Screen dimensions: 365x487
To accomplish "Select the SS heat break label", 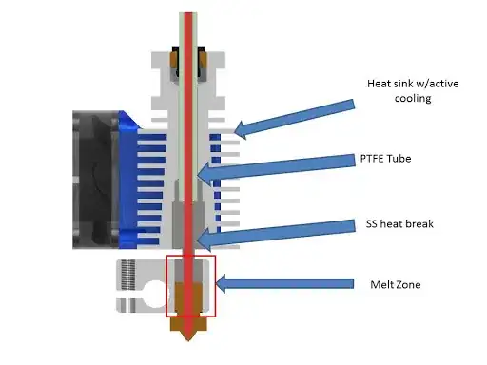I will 400,224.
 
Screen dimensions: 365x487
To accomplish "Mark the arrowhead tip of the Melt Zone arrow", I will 220,281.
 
